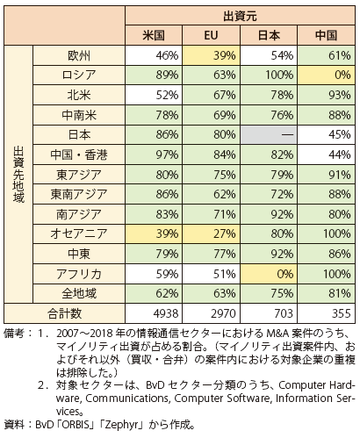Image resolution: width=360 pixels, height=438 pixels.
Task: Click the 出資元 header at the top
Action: (240, 16)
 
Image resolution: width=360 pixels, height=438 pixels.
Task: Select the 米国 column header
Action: (154, 35)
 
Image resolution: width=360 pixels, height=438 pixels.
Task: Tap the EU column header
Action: (211, 35)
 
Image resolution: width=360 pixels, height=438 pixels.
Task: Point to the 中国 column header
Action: (326, 35)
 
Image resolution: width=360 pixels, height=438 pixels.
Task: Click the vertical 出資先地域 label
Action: (18, 175)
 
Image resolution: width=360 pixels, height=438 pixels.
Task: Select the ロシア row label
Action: (79, 75)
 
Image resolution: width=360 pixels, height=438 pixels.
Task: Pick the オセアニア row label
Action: (79, 233)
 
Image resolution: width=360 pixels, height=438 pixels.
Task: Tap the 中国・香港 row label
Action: (79, 154)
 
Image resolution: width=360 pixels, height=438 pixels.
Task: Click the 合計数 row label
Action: (64, 313)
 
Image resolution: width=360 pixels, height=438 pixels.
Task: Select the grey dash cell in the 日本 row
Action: (269, 135)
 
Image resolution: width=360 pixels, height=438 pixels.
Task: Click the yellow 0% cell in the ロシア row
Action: (326, 75)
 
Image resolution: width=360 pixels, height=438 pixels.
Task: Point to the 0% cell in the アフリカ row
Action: (269, 274)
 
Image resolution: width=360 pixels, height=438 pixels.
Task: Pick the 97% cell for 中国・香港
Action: (154, 154)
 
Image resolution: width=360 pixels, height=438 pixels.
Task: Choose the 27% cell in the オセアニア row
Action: (211, 233)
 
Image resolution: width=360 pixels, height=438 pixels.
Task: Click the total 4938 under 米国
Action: (166, 313)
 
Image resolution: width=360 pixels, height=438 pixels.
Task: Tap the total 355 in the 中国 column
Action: (342, 313)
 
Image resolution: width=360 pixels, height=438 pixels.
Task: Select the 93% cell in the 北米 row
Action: (326, 95)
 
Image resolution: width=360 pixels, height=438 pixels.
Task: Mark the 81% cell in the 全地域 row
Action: (326, 293)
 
